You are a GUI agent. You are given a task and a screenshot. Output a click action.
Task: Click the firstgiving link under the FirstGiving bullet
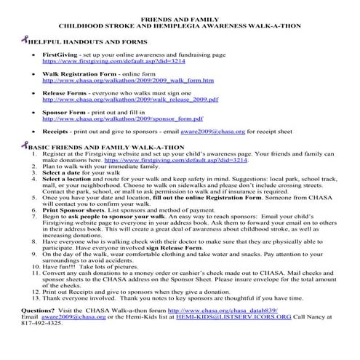[110, 62]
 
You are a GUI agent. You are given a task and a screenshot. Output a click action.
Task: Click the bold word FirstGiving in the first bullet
[61, 55]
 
